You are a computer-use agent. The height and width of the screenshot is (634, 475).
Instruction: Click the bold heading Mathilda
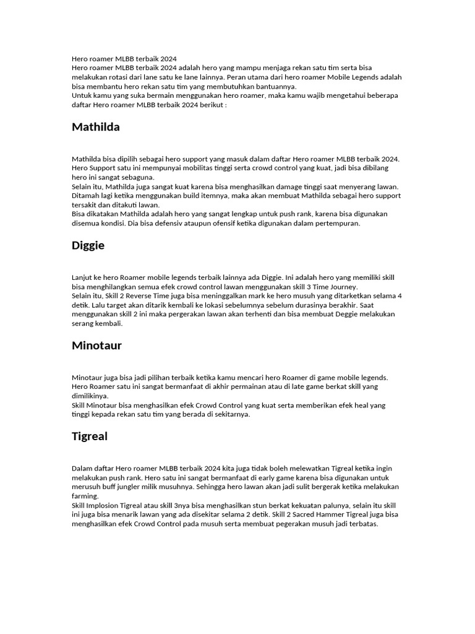point(96,128)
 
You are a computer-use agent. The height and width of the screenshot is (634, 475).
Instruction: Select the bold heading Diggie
point(88,246)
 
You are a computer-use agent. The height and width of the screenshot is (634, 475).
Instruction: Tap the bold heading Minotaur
point(96,346)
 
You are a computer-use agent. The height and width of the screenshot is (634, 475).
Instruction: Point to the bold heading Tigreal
point(90,436)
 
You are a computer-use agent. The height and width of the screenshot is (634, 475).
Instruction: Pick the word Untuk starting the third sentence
point(82,96)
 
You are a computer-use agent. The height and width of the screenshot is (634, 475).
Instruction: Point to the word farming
point(85,496)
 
